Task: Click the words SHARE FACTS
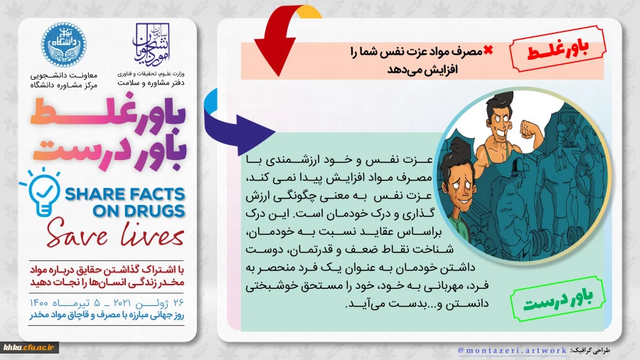click(126, 194)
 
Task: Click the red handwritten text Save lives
click(107, 237)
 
